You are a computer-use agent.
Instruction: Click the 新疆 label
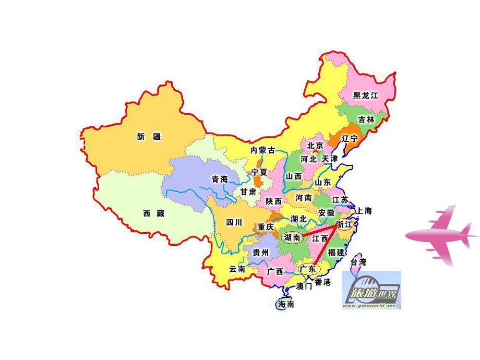pyautogui.click(x=149, y=137)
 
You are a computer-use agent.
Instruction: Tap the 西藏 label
pyautogui.click(x=153, y=213)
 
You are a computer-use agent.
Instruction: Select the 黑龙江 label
pyautogui.click(x=365, y=95)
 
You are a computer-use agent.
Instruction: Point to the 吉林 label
pyautogui.click(x=366, y=119)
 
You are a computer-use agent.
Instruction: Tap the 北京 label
pyautogui.click(x=315, y=146)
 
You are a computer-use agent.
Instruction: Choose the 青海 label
pyautogui.click(x=220, y=179)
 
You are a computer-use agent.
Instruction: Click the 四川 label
pyautogui.click(x=234, y=223)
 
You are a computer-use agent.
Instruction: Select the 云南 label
pyautogui.click(x=237, y=270)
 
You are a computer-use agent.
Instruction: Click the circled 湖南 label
pyautogui.click(x=292, y=237)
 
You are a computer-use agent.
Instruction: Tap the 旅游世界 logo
pyautogui.click(x=371, y=290)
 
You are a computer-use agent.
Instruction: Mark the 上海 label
pyautogui.click(x=364, y=211)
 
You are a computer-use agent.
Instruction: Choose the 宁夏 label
pyautogui.click(x=259, y=172)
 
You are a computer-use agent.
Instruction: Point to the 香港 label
pyautogui.click(x=322, y=282)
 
